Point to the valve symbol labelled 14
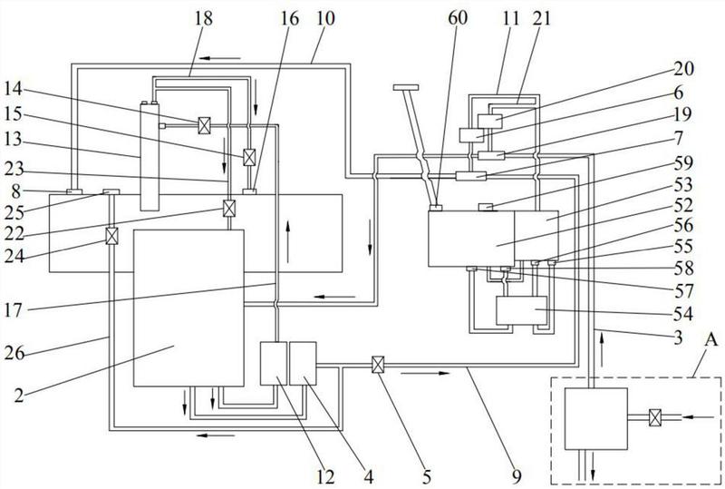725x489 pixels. tap(205, 122)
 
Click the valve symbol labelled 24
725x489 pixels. tap(111, 236)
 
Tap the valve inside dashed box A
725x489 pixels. tap(655, 418)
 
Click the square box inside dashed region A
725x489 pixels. tap(595, 418)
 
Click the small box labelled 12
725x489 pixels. tap(273, 363)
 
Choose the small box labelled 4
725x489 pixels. tap(303, 363)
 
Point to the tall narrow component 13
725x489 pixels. tap(150, 160)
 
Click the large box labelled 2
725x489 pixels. tap(188, 307)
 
